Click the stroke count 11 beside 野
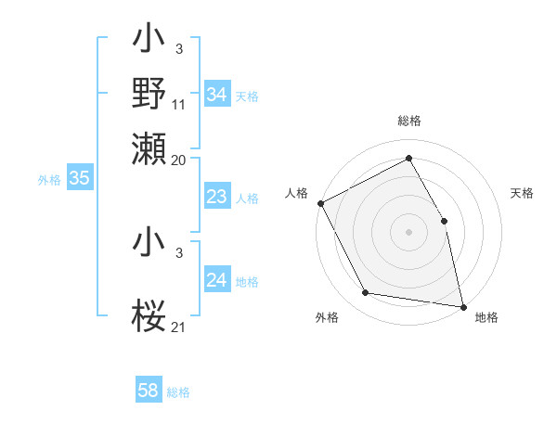coord(179,104)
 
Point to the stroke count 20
coord(179,160)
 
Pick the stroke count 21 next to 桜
coord(179,326)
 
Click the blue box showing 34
coord(217,95)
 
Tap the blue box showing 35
coord(79,179)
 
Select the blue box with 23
coord(217,197)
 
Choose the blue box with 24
coord(217,280)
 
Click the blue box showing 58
coord(149,391)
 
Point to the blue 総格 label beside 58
coord(178,392)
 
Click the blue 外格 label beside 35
coord(49,180)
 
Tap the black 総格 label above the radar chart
coord(408,121)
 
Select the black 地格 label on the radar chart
coord(486,317)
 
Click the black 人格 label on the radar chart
coord(297,193)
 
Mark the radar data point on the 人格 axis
coord(320,203)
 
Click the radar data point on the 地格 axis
coord(462,306)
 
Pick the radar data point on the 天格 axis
coord(444,221)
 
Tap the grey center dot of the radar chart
coord(408,232)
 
